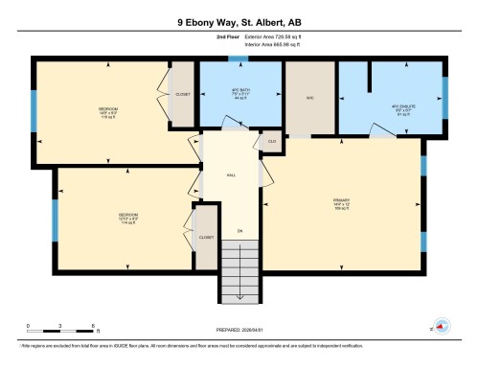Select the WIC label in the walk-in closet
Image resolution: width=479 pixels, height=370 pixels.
[x=310, y=96]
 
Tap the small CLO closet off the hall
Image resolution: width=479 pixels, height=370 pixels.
[x=271, y=142]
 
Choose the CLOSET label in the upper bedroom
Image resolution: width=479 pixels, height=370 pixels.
[x=183, y=95]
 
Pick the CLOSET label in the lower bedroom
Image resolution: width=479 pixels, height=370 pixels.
[x=205, y=236]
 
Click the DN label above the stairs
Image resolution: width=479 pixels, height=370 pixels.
[x=239, y=232]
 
